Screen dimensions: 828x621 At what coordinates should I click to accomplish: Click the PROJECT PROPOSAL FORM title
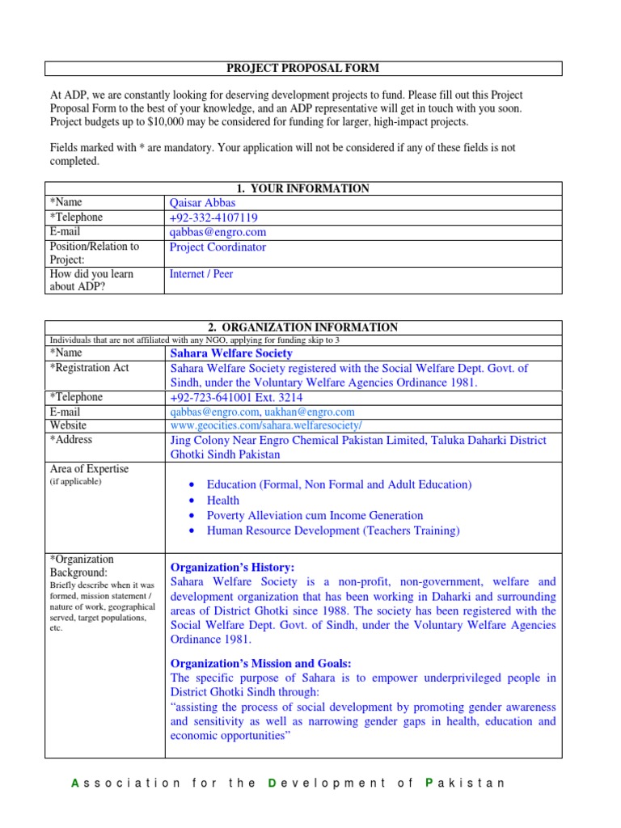[x=302, y=69]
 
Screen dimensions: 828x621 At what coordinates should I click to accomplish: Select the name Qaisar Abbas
[x=202, y=203]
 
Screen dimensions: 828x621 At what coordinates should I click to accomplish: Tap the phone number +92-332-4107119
[x=213, y=218]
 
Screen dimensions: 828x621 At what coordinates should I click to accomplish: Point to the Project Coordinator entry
[x=218, y=247]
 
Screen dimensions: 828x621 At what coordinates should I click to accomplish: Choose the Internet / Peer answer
[x=201, y=274]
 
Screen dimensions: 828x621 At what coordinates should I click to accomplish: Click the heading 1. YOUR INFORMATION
[x=302, y=188]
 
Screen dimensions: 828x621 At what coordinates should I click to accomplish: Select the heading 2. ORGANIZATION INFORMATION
[x=302, y=327]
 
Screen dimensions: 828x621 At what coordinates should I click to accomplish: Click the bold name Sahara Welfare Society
[x=231, y=353]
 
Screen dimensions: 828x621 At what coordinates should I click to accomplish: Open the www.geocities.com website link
[x=266, y=425]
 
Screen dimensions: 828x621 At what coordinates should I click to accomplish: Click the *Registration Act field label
[x=89, y=368]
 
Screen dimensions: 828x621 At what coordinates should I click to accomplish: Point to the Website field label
[x=68, y=425]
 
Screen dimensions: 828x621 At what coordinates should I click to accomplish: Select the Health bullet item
[x=223, y=501]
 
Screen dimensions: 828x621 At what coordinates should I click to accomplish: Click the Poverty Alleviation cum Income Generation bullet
[x=315, y=516]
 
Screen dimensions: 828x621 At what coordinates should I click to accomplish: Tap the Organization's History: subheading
[x=232, y=568]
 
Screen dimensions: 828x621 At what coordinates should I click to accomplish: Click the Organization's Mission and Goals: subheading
[x=260, y=663]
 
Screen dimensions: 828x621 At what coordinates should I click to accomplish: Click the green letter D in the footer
[x=272, y=783]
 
